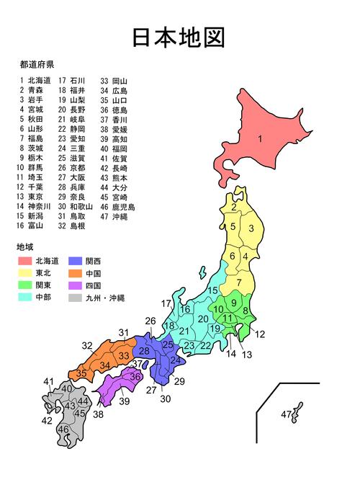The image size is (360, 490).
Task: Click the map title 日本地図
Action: (x=179, y=37)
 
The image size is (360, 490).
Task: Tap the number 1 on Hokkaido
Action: (x=260, y=138)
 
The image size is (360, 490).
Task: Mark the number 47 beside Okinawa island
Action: (x=286, y=414)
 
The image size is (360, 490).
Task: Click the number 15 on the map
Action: (x=212, y=290)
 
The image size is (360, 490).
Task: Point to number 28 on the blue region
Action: (x=144, y=351)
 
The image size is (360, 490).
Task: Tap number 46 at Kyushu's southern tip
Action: (x=64, y=430)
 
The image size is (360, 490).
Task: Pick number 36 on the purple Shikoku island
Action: (x=134, y=376)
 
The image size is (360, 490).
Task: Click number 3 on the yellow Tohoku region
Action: (x=251, y=228)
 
